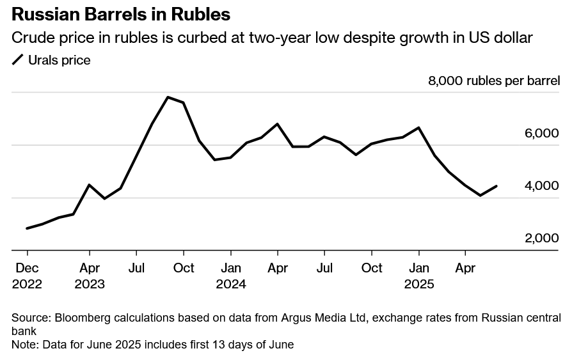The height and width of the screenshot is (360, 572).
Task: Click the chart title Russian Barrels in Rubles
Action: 121,14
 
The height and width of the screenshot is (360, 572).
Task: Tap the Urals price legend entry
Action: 51,61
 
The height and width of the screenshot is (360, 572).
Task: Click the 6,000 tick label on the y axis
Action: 542,134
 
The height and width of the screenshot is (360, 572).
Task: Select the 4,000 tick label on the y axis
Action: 542,186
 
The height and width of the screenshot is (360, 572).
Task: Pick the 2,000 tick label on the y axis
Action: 542,239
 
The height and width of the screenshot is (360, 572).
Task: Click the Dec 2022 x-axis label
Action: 27,276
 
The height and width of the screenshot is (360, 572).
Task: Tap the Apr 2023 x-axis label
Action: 90,276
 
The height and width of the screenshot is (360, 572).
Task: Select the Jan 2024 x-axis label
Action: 231,276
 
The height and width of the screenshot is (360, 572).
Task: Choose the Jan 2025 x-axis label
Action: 419,276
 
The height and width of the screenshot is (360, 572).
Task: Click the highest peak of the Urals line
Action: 168,97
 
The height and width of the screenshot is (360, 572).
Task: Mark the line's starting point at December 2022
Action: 27,228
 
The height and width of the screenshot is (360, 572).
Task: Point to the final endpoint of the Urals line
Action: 497,186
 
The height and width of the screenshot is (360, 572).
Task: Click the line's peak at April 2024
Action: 277,124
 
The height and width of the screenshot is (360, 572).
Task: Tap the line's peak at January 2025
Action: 418,128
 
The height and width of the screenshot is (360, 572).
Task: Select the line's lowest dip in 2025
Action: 481,196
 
